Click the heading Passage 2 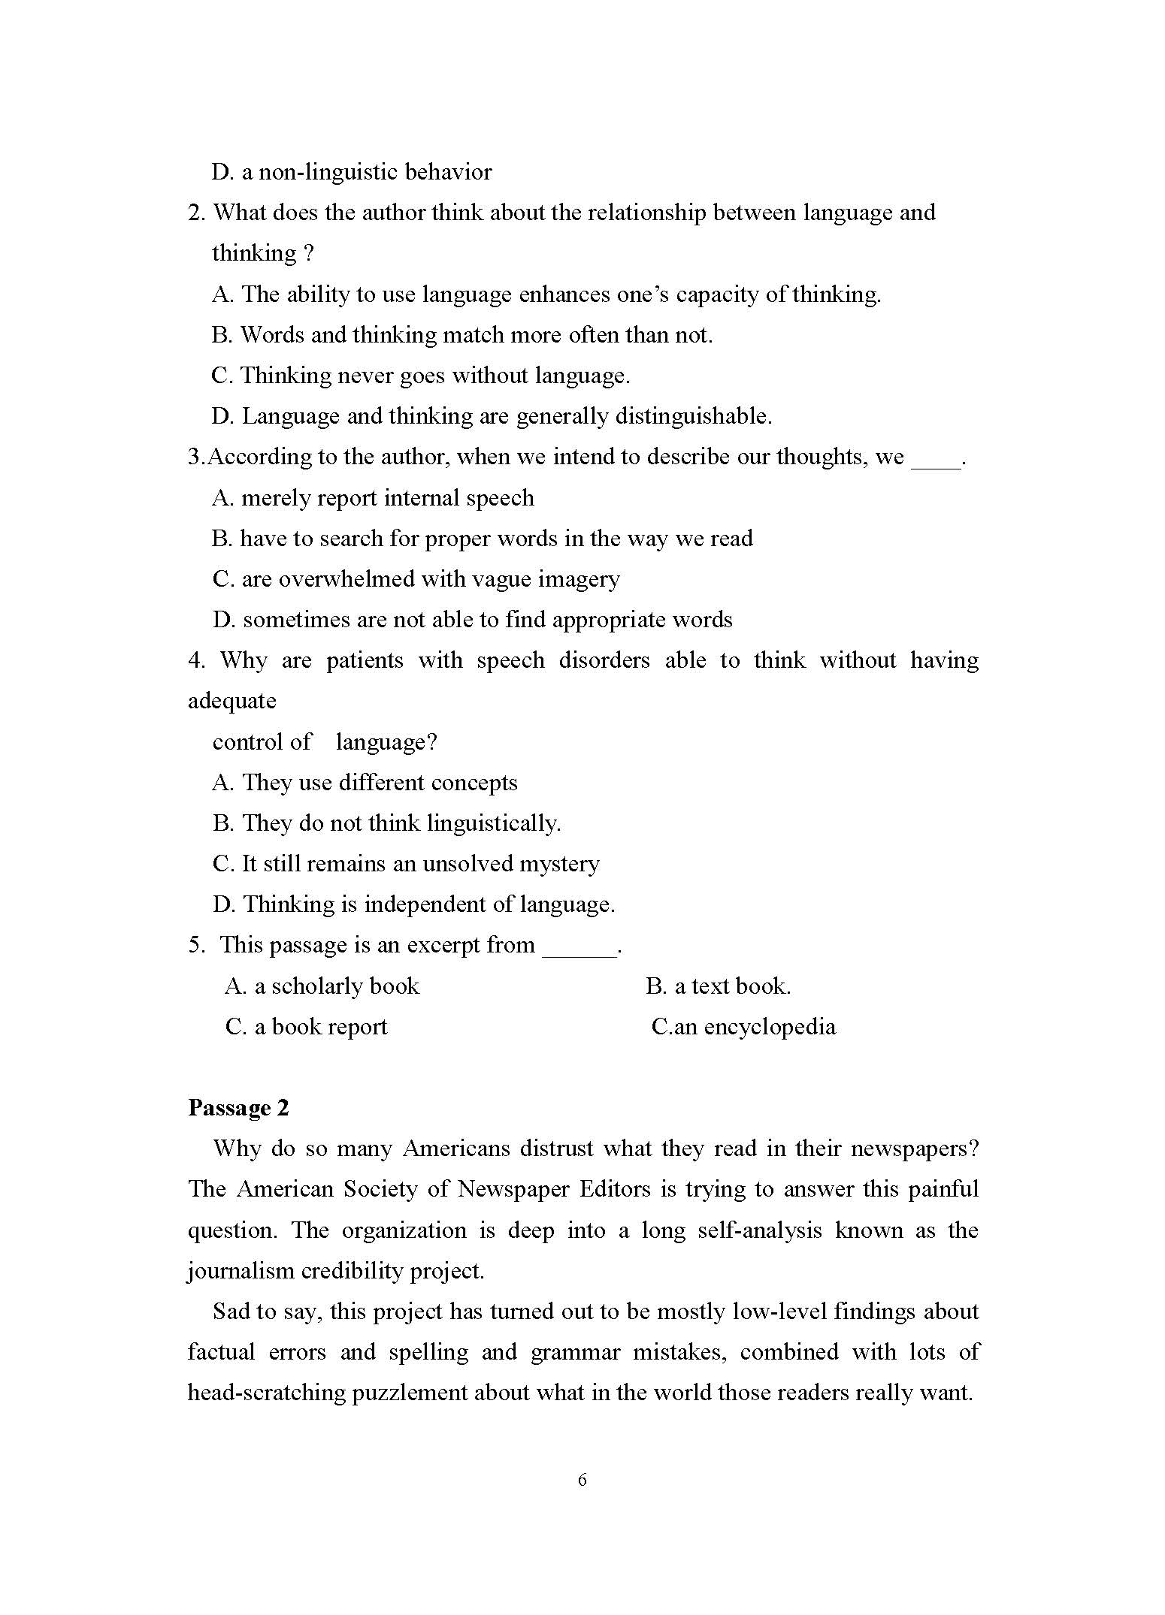coord(238,1108)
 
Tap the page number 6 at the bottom coord(582,1480)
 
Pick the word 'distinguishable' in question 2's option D coord(692,416)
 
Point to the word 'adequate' coord(231,701)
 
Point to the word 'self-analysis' coord(760,1230)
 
